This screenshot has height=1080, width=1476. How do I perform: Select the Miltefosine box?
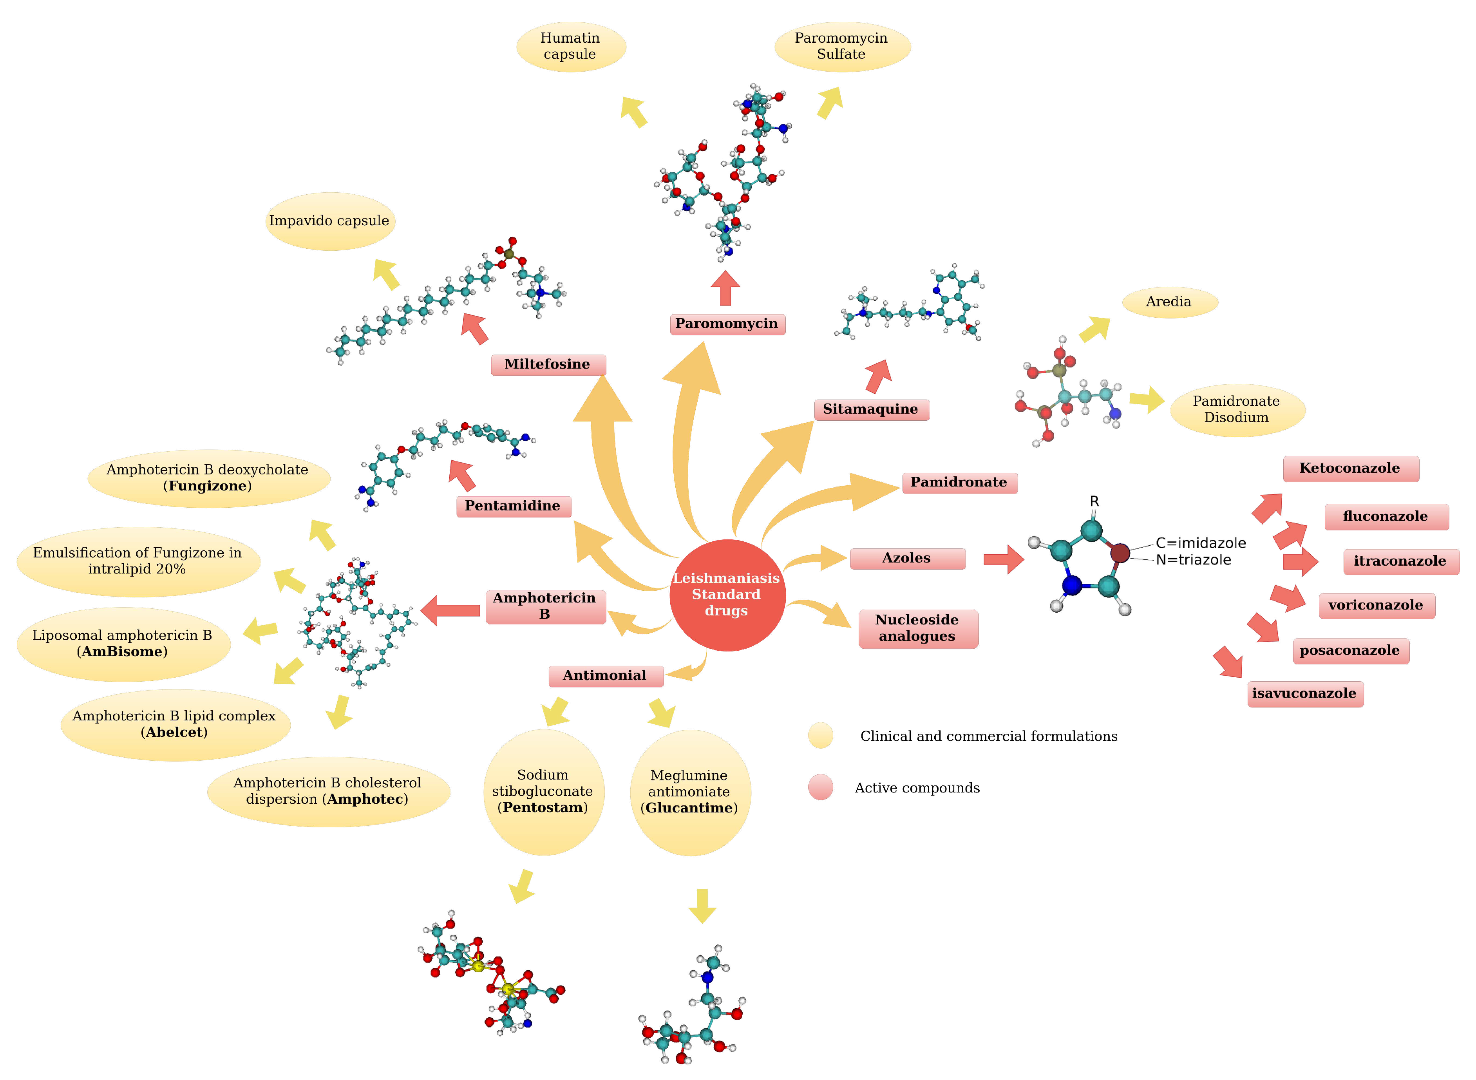click(548, 364)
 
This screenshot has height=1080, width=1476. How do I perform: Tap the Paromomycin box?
click(727, 324)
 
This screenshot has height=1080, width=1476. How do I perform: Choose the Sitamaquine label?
click(871, 409)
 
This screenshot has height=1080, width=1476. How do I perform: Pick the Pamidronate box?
click(959, 483)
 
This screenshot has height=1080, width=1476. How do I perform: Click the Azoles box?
click(907, 558)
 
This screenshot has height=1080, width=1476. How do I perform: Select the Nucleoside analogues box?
click(917, 628)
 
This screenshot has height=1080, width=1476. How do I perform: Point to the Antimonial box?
click(605, 675)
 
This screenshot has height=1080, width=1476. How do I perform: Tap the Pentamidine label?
click(513, 506)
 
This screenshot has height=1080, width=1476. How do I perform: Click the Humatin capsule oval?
click(571, 46)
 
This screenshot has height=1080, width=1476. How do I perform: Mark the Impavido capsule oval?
click(329, 221)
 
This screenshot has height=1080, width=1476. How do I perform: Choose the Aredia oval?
click(1169, 302)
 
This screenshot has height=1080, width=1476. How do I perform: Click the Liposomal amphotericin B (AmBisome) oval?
click(123, 644)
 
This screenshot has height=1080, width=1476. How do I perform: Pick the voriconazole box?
click(1376, 605)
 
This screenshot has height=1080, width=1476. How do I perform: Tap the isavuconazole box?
click(1305, 694)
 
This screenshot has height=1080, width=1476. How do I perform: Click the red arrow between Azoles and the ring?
click(1004, 559)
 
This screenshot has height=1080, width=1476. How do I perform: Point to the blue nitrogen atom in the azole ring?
click(1071, 585)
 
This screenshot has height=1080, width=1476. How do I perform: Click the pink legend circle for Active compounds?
click(820, 787)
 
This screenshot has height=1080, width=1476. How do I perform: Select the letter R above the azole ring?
click(1094, 501)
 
